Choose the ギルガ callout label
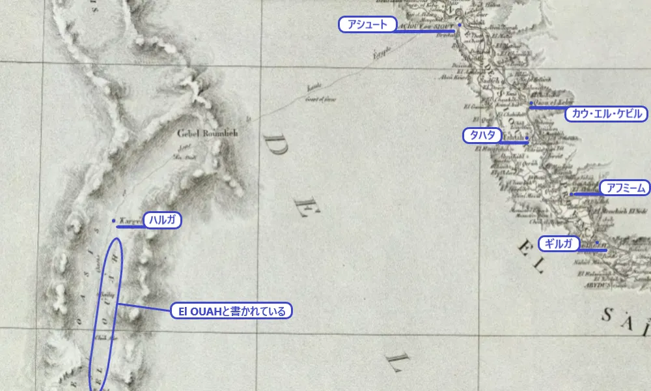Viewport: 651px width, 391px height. (x=559, y=244)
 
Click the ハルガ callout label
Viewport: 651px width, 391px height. (x=161, y=220)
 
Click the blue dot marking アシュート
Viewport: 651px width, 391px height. (x=459, y=25)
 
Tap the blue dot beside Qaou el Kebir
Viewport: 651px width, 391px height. (x=532, y=103)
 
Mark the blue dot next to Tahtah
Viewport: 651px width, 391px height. (x=527, y=141)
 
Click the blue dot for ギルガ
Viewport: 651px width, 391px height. (x=597, y=243)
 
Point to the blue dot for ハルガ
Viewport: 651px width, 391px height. (x=114, y=220)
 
